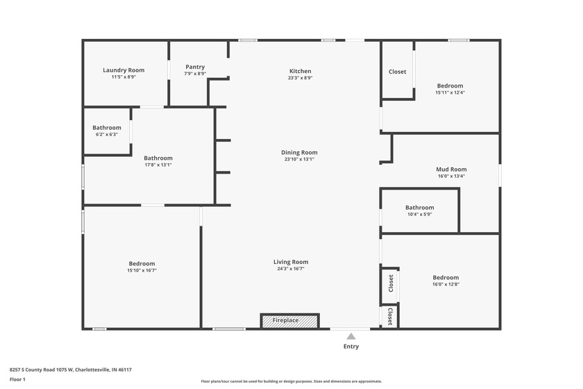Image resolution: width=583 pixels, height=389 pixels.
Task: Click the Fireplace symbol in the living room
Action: coord(289,320)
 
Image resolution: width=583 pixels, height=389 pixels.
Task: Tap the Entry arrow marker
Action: coord(351,336)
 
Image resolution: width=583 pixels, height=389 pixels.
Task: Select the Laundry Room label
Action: coord(124,70)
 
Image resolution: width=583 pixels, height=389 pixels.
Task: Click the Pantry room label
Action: coord(195,67)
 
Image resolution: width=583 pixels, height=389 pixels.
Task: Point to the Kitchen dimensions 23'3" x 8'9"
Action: coord(300,78)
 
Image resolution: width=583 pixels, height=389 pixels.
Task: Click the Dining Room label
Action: coord(299,152)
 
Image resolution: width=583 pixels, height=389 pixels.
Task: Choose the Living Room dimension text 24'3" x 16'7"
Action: coord(290,269)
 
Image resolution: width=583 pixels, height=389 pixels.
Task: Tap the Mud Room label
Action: coord(451,169)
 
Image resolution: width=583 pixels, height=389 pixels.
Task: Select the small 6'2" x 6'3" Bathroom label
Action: coord(107,128)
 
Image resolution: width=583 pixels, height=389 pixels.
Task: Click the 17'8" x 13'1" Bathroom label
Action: coord(158,158)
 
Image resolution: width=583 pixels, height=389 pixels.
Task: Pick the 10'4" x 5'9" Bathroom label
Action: coord(419,208)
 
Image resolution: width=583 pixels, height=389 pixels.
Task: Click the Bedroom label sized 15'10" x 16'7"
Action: coord(142,263)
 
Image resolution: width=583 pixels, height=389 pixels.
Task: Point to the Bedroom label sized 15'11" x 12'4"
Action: coord(450,85)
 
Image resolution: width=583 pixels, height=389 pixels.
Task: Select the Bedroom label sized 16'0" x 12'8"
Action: coord(446,277)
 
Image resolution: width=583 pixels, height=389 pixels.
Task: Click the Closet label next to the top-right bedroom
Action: coord(398,72)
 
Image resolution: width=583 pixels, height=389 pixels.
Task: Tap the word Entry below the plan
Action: coord(351,347)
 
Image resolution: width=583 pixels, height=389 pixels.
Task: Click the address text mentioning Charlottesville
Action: coord(71,370)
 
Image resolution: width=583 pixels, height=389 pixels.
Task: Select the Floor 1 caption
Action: coord(17,379)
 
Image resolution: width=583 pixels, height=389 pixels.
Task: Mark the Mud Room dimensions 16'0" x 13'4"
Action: coord(451,176)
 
